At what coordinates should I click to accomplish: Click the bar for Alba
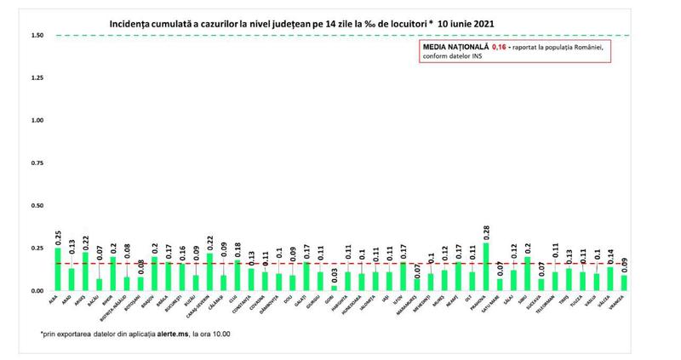pyautogui.click(x=58, y=269)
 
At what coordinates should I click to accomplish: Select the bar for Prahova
pyautogui.click(x=486, y=267)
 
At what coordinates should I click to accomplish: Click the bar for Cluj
pyautogui.click(x=237, y=276)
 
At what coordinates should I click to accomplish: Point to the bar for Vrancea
pyautogui.click(x=625, y=283)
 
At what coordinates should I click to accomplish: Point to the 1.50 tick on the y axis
pyautogui.click(x=37, y=36)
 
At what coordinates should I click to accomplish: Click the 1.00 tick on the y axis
pyautogui.click(x=37, y=121)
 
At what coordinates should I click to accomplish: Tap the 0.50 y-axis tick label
pyautogui.click(x=37, y=206)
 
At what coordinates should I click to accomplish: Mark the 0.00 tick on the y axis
pyautogui.click(x=37, y=291)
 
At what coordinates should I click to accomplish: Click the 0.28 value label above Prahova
pyautogui.click(x=486, y=231)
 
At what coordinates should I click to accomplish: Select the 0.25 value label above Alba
pyautogui.click(x=58, y=236)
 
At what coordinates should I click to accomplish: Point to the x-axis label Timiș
pyautogui.click(x=567, y=301)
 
